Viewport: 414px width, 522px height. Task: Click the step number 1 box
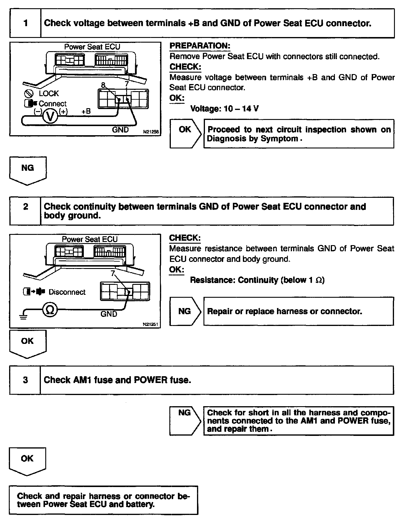26,23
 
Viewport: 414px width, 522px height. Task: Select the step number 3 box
26,380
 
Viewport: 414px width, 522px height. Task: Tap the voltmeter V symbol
51,117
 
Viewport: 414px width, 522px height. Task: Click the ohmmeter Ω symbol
50,310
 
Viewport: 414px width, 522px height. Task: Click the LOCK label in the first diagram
49,93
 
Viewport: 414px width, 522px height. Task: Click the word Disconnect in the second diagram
67,292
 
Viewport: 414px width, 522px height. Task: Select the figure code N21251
151,324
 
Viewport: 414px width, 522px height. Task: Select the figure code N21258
151,132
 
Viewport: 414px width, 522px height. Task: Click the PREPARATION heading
200,46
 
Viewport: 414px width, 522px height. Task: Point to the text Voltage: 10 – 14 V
224,109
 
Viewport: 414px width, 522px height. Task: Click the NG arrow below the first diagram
28,170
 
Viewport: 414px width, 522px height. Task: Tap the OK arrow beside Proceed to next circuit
185,133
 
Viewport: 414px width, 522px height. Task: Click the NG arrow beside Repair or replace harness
185,311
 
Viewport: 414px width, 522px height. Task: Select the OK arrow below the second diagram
28,343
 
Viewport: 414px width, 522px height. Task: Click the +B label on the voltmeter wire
86,112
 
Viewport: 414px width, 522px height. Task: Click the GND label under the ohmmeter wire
109,314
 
